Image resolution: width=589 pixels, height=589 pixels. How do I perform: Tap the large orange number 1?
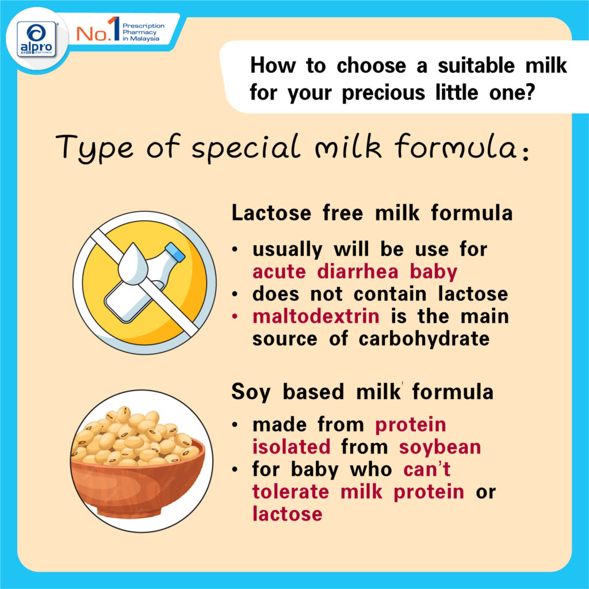(x=114, y=28)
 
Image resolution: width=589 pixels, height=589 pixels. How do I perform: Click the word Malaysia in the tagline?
(x=144, y=39)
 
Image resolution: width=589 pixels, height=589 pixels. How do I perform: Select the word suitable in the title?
(x=476, y=66)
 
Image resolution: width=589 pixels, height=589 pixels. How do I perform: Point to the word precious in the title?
(x=383, y=93)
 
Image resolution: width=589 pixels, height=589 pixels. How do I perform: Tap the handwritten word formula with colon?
(x=462, y=147)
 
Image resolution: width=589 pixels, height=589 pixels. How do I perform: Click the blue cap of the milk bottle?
(x=175, y=252)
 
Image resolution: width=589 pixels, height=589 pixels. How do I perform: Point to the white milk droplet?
(x=133, y=264)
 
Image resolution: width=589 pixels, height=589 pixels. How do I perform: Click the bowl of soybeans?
(x=138, y=463)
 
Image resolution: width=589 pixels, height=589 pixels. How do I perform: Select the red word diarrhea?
(x=357, y=271)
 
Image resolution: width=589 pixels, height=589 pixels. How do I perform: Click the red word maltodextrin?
(x=316, y=316)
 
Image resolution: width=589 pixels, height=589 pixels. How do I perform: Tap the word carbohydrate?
(x=424, y=339)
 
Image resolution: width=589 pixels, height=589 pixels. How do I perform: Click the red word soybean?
(x=440, y=447)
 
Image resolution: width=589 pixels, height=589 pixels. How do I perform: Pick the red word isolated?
(x=291, y=447)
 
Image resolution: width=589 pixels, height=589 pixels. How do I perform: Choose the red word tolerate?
(x=290, y=492)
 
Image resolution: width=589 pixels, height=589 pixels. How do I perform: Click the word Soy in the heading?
(x=251, y=392)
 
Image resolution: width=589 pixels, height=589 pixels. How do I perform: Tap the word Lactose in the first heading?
(x=271, y=213)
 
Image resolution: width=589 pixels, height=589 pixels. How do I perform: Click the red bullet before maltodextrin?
(x=235, y=317)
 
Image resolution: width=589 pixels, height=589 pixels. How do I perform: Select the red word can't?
(x=427, y=469)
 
